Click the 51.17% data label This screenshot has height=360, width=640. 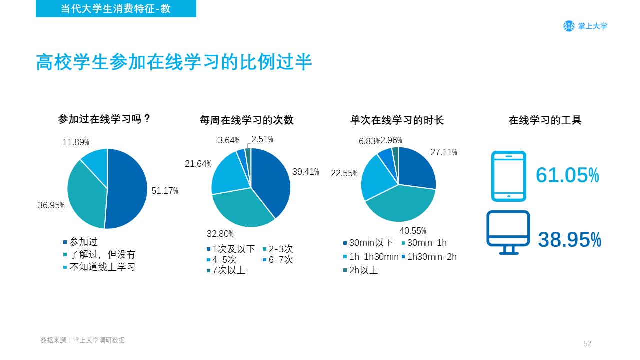[x=165, y=191]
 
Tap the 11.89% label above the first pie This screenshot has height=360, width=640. [x=76, y=142]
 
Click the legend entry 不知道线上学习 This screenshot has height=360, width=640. [x=99, y=267]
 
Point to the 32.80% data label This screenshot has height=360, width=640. [x=220, y=234]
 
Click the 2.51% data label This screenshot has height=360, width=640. [x=262, y=139]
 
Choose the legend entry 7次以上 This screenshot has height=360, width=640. [x=226, y=270]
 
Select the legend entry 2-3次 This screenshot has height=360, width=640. [x=278, y=249]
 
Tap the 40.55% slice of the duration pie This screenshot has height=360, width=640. [x=403, y=204]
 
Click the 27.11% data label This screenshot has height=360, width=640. [x=443, y=152]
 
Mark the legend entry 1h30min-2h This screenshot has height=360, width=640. [x=429, y=257]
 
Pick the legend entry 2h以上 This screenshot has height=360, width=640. [x=360, y=270]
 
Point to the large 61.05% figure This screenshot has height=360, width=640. [x=567, y=175]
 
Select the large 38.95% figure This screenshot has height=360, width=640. [x=569, y=239]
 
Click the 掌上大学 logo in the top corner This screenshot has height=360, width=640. [x=585, y=26]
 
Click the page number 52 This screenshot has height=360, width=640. [x=587, y=343]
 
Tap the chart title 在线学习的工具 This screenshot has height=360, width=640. [x=545, y=120]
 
